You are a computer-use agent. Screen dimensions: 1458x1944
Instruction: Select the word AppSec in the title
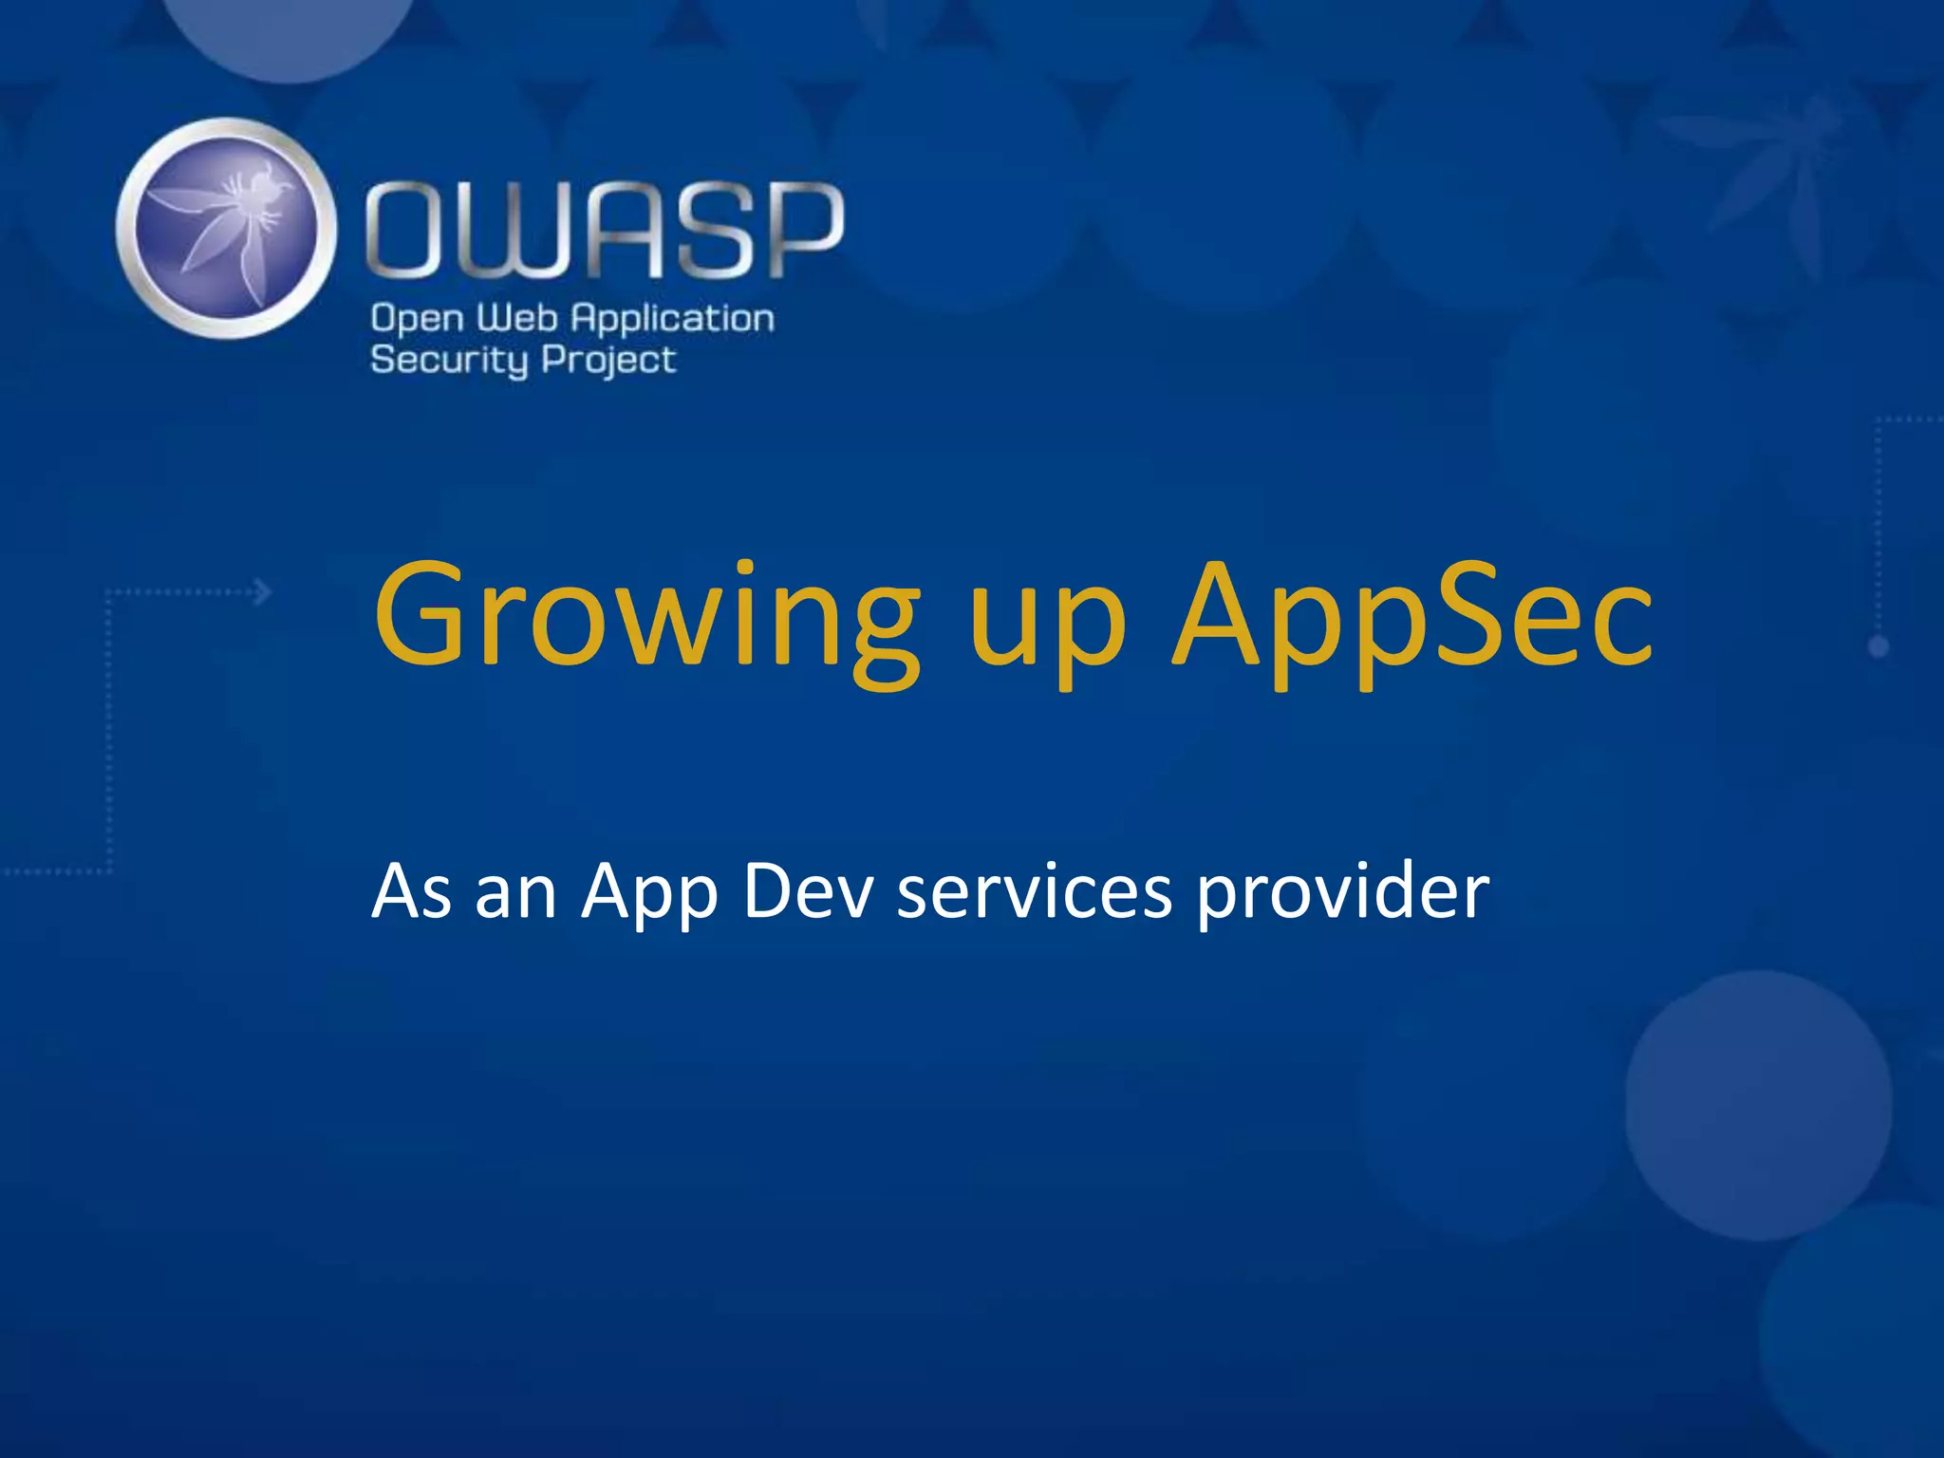tap(1412, 617)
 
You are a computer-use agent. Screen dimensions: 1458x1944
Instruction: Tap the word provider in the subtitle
tap(1342, 894)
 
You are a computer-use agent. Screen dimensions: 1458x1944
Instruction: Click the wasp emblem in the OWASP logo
tap(227, 229)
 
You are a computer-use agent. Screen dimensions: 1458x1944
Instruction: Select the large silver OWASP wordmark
tap(605, 231)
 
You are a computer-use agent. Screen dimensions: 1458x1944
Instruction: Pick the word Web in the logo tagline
tap(516, 318)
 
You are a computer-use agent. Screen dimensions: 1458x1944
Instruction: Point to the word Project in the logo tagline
tap(608, 361)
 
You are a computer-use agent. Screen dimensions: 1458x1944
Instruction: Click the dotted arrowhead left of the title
tap(263, 593)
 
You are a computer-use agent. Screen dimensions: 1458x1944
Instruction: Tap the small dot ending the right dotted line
tap(1879, 647)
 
